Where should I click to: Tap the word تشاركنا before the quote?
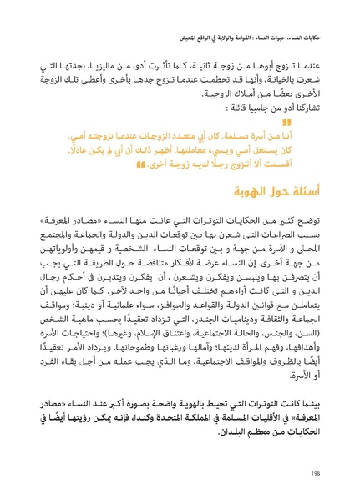click(316, 108)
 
